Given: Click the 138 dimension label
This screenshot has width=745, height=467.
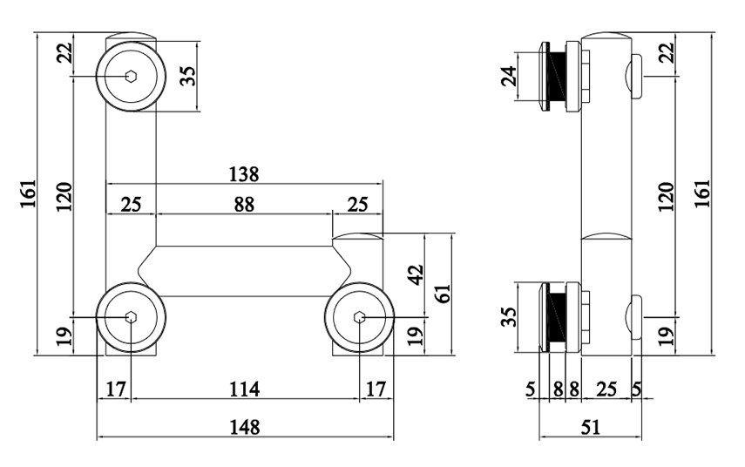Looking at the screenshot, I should pyautogui.click(x=244, y=173).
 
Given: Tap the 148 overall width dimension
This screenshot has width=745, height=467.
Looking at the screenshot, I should pyautogui.click(x=244, y=426).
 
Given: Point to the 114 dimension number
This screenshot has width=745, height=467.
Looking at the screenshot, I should pyautogui.click(x=244, y=389).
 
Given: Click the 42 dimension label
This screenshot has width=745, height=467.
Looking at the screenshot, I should pyautogui.click(x=416, y=275).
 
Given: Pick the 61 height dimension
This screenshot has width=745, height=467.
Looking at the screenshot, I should pyautogui.click(x=443, y=293).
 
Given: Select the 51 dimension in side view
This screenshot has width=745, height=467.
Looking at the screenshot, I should pyautogui.click(x=591, y=426).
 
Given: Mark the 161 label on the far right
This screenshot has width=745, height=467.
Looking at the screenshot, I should pyautogui.click(x=702, y=193).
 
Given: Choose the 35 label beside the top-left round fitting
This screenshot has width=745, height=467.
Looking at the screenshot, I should pyautogui.click(x=186, y=75).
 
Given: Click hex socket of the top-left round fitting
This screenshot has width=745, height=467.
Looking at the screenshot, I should pyautogui.click(x=130, y=75).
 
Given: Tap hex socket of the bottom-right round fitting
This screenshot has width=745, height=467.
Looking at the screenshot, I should pyautogui.click(x=360, y=317).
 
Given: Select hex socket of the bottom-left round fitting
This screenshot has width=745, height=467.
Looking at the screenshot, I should pyautogui.click(x=130, y=317).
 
